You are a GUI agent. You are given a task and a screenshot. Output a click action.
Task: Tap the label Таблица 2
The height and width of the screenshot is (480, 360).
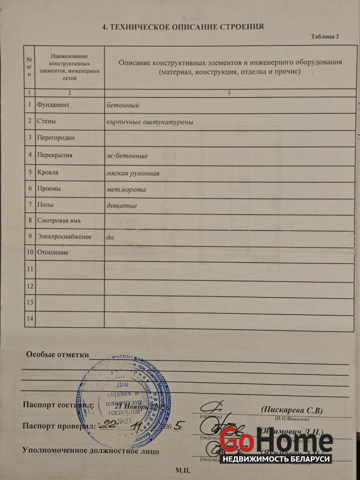(325, 37)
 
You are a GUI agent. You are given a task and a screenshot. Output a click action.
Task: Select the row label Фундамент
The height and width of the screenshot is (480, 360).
(53, 105)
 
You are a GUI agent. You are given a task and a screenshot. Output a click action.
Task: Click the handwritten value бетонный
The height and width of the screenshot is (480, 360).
(122, 105)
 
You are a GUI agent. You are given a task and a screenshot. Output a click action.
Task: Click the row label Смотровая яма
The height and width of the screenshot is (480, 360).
(59, 221)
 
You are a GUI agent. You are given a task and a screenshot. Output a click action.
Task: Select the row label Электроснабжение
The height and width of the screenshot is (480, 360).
(64, 237)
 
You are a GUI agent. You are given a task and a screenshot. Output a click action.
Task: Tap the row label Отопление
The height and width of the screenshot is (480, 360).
(52, 253)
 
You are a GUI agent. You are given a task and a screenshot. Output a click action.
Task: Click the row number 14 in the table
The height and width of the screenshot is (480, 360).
(29, 317)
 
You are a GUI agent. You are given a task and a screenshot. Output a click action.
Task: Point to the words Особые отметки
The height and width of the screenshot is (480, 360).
(57, 355)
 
